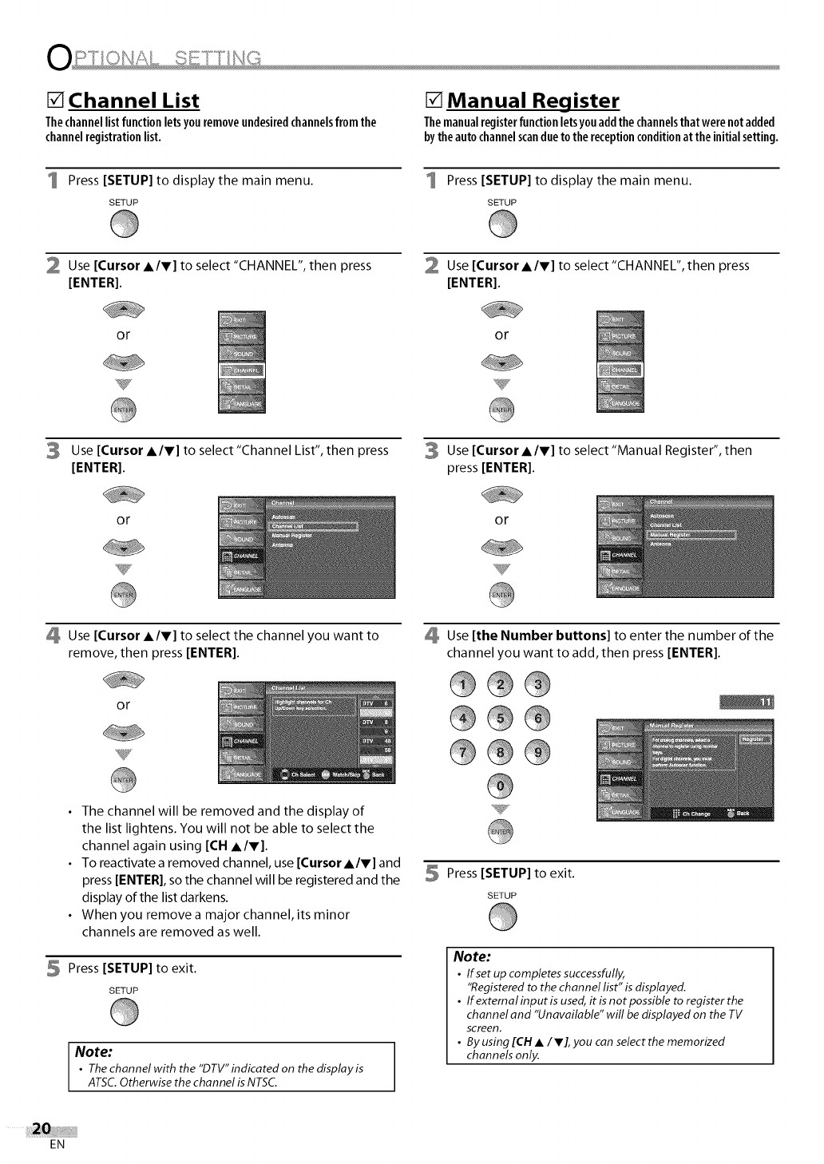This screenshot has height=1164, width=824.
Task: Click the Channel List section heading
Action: pos(134,101)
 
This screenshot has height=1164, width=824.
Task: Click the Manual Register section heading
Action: pos(533,101)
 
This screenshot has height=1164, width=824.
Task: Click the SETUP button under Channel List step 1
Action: pos(125,228)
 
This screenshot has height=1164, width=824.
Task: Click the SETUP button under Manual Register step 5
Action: pos(502,921)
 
